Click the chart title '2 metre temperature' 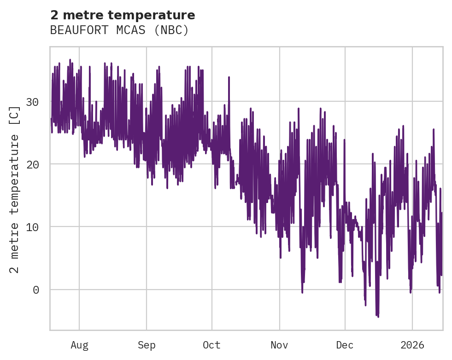pyautogui.click(x=123, y=15)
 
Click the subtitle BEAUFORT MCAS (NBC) pyautogui.click(x=119, y=30)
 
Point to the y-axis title pyautogui.click(x=15, y=189)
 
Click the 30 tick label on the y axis pyautogui.click(x=32, y=101)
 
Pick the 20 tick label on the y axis pyautogui.click(x=32, y=164)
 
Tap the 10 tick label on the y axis pyautogui.click(x=32, y=227)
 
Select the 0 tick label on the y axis pyautogui.click(x=35, y=290)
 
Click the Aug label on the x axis pyautogui.click(x=79, y=345)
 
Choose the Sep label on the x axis pyautogui.click(x=147, y=345)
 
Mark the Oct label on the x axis pyautogui.click(x=212, y=345)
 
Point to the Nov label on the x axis pyautogui.click(x=279, y=345)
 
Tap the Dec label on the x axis pyautogui.click(x=345, y=345)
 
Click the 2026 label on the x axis pyautogui.click(x=412, y=345)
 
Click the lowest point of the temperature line pyautogui.click(x=378, y=317)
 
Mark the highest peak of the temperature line pyautogui.click(x=70, y=60)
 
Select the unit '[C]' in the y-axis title pyautogui.click(x=15, y=115)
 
